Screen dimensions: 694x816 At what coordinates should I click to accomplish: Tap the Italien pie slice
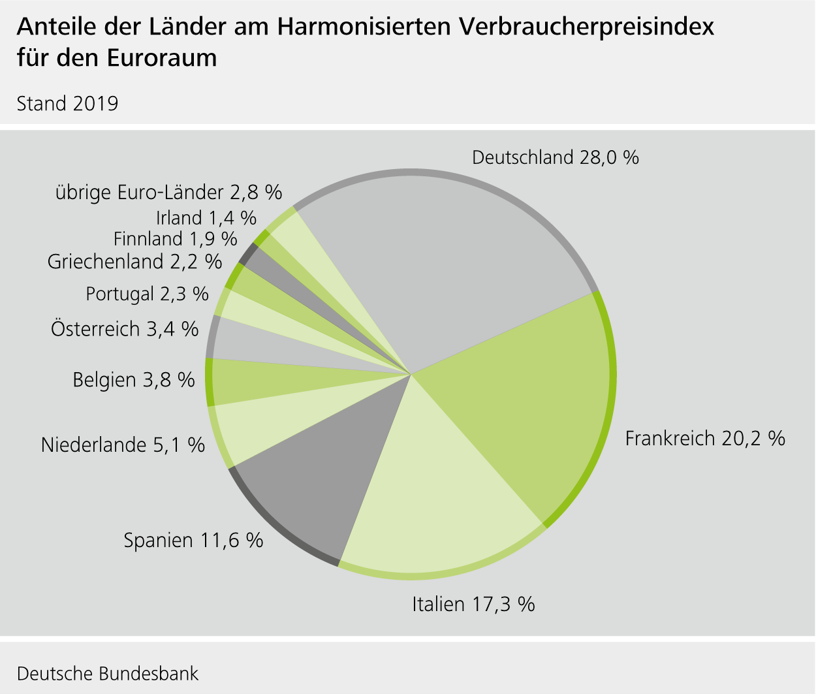(431, 503)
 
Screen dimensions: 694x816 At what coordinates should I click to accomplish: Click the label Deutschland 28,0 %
(555, 157)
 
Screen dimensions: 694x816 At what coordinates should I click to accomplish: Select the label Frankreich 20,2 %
(704, 438)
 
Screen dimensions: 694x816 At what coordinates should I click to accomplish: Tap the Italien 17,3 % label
(473, 604)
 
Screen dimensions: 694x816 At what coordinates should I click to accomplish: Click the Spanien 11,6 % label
(193, 541)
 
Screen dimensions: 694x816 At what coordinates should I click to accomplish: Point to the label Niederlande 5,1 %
(123, 445)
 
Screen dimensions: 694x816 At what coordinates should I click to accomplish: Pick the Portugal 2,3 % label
(147, 294)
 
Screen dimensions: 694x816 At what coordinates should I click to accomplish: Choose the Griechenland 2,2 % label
(134, 262)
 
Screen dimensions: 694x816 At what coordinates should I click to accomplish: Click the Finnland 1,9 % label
(175, 239)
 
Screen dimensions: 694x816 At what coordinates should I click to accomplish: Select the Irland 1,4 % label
(206, 217)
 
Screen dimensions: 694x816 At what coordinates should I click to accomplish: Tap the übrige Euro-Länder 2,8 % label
(168, 192)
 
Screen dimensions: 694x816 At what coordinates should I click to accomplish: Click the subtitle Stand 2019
(67, 104)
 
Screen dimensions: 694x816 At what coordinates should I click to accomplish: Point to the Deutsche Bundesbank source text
(108, 673)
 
